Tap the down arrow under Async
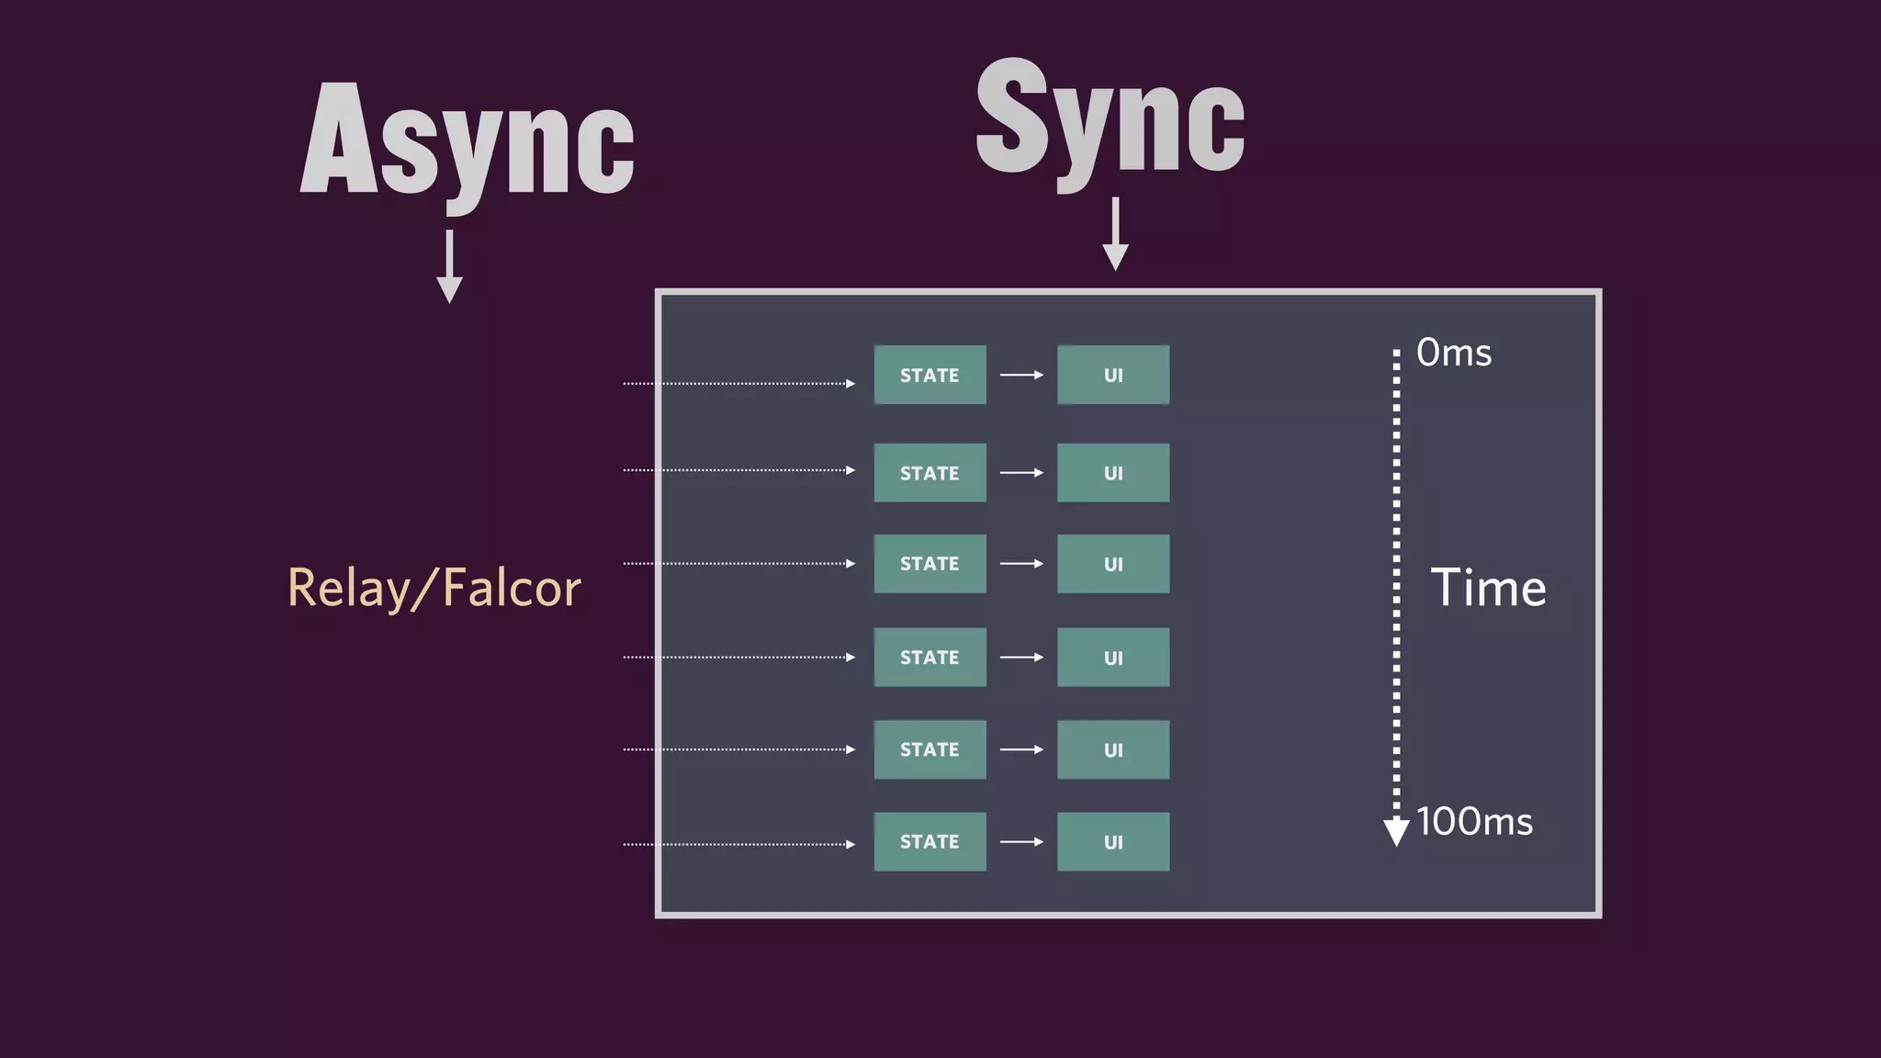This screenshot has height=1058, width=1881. tap(449, 267)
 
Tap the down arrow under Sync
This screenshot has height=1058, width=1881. tap(1115, 235)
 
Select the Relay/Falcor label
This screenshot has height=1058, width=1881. tap(434, 588)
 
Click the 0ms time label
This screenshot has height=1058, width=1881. tap(1453, 353)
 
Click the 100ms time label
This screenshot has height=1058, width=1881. tap(1474, 822)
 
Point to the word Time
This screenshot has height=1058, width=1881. tap(1488, 588)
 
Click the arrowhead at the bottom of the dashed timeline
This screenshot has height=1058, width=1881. tap(1396, 831)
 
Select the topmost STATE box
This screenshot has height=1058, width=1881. tap(929, 375)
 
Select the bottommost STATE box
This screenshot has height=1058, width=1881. tap(929, 841)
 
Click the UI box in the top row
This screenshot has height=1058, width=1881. tap(1113, 375)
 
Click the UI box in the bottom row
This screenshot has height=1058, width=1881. tap(1113, 841)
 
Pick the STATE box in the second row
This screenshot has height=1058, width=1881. tap(929, 473)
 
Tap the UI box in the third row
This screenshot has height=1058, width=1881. tap(1113, 564)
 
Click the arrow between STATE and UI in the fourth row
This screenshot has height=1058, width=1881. tap(1021, 658)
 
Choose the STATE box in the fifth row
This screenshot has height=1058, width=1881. tap(929, 749)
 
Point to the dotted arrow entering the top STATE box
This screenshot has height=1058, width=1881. tap(739, 384)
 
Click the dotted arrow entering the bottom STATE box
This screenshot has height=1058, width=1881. tap(739, 844)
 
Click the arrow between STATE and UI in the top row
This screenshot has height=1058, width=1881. tap(1021, 375)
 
